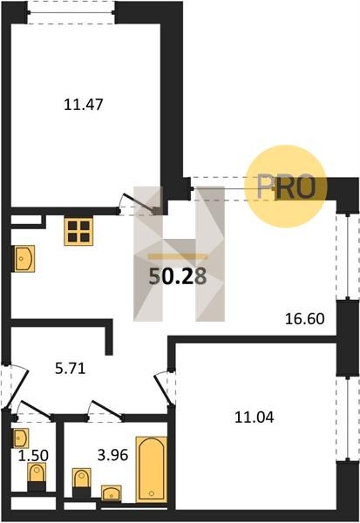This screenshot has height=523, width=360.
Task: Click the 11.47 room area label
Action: tap(84, 105)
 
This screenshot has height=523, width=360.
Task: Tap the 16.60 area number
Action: tap(304, 319)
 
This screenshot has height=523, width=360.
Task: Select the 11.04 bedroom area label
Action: tap(255, 418)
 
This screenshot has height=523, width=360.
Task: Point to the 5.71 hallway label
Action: tap(71, 369)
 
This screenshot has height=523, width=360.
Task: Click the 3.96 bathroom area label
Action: tap(112, 455)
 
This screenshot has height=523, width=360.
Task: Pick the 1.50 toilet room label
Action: tap(33, 456)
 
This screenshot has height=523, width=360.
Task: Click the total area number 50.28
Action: tap(178, 277)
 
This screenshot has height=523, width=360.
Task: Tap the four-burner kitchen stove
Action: tap(78, 232)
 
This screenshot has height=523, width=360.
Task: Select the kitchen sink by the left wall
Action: tap(24, 259)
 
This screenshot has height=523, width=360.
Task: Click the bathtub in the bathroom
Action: tap(152, 469)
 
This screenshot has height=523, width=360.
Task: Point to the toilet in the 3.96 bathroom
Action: tap(81, 482)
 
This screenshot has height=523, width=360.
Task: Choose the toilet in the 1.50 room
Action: tap(37, 477)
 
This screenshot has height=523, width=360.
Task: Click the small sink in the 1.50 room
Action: tap(21, 438)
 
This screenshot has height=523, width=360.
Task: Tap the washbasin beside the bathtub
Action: tap(111, 493)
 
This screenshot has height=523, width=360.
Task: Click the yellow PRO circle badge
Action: tap(285, 187)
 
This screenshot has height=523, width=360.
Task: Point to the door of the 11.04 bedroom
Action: tap(165, 388)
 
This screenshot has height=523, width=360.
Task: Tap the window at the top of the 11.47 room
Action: tap(71, 13)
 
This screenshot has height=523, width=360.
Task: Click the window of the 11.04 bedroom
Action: tap(348, 418)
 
